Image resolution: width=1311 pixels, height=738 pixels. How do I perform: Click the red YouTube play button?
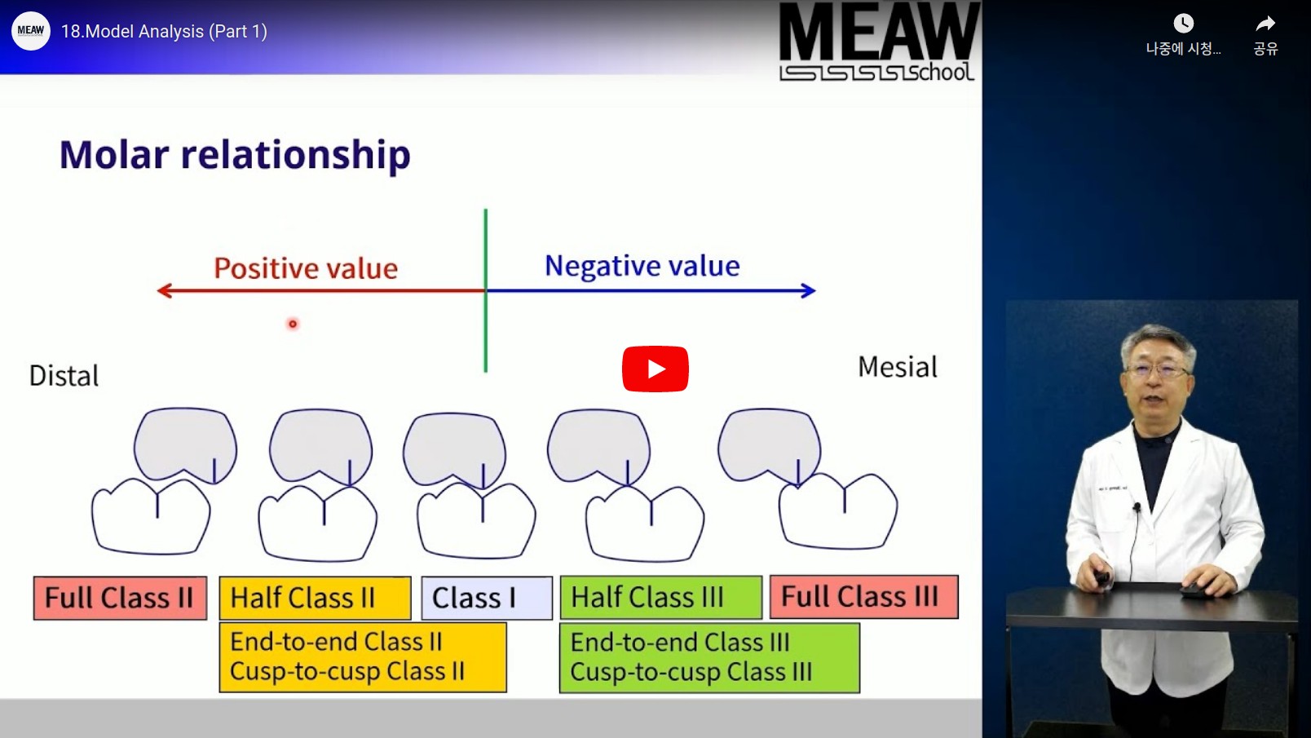pos(655,369)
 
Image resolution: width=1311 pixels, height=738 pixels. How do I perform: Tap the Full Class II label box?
pos(120,598)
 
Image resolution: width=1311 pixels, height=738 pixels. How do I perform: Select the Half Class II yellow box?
pos(315,598)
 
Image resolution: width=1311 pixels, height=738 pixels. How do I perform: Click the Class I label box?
pos(487,598)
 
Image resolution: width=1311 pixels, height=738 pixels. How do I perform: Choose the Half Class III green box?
pos(660,598)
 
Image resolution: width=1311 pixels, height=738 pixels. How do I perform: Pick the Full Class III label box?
pos(864,597)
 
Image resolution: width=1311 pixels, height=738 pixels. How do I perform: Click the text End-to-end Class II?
pos(336,642)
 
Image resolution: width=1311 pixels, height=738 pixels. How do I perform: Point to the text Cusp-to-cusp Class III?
pos(691,672)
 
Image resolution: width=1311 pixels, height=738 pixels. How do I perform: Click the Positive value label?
pos(306,268)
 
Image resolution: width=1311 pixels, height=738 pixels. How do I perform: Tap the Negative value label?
pos(642,267)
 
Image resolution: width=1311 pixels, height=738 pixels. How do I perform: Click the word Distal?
pos(64,376)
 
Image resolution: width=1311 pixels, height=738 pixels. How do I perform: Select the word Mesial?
pos(897,367)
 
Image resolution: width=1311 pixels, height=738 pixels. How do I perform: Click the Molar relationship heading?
pos(235,155)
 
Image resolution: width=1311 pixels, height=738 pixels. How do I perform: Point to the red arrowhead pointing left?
pos(165,290)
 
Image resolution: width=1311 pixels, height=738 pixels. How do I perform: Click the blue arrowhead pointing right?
pos(808,290)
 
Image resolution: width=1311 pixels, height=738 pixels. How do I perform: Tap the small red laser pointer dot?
pos(293,324)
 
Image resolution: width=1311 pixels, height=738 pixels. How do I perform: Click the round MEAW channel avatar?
pos(30,30)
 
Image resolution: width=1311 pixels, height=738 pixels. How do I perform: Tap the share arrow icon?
pos(1265,24)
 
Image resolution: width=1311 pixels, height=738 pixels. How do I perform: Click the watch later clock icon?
pos(1184,24)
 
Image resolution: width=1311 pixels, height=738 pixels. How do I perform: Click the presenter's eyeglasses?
pos(1157,370)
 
